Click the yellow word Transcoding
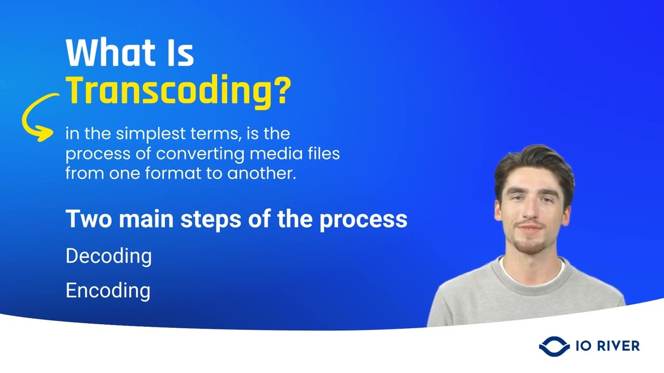169,91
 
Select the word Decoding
108,256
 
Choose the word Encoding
108,291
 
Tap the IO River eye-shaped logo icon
554,346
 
